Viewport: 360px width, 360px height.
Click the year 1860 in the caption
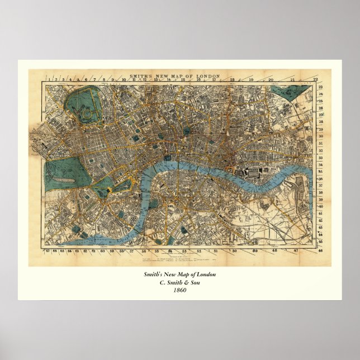[x=179, y=290]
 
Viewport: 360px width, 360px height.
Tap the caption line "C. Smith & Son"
[x=179, y=282]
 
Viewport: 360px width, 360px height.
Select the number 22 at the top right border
[x=316, y=80]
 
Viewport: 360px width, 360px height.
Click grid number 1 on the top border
[x=49, y=80]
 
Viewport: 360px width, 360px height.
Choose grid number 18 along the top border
[x=231, y=80]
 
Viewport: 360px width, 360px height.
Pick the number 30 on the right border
[x=320, y=136]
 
